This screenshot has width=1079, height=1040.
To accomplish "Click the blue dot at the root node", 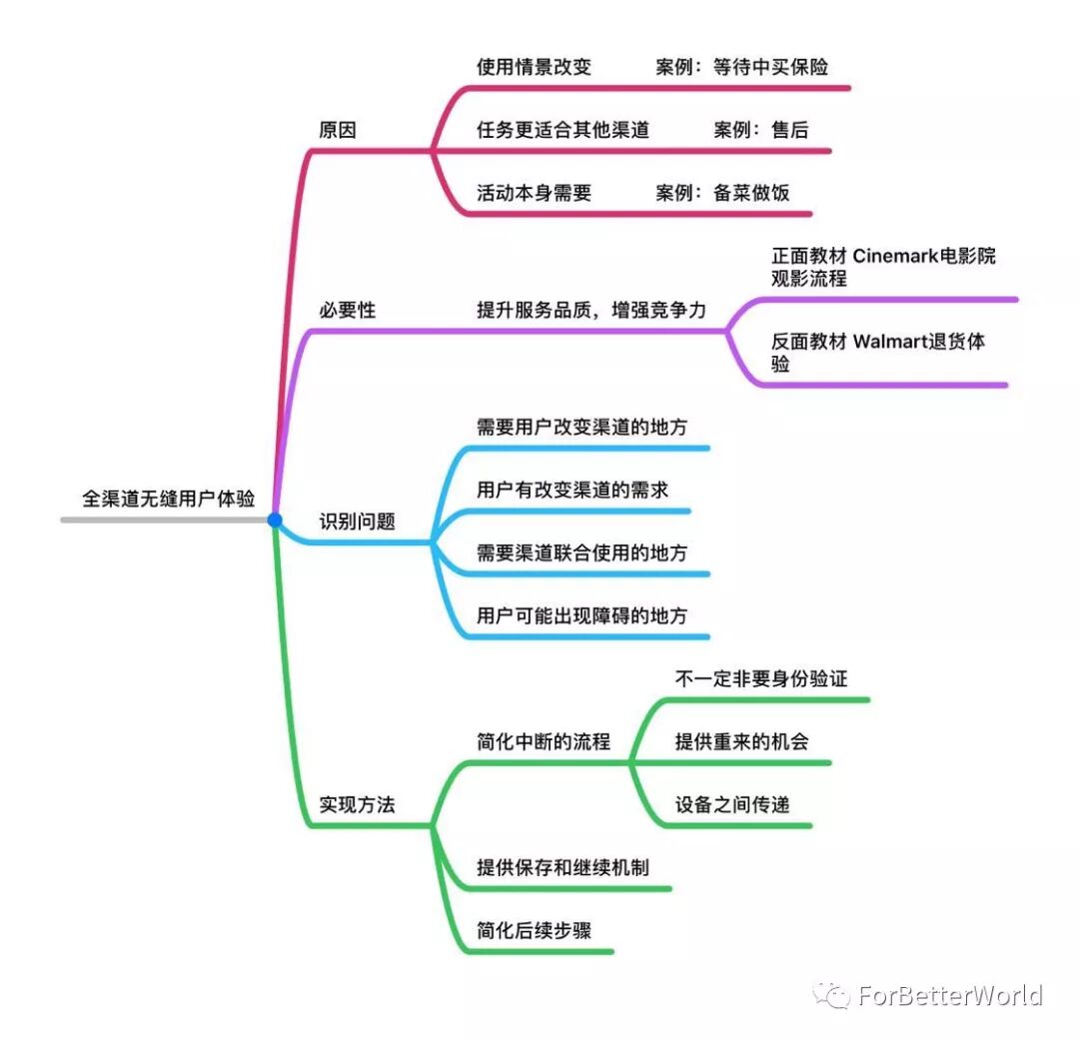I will [275, 520].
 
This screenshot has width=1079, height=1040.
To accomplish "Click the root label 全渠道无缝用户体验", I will [168, 499].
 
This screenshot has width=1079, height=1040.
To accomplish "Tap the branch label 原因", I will [337, 130].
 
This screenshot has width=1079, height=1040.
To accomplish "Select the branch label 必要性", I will [347, 310].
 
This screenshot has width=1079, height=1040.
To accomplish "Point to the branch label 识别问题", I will [357, 520].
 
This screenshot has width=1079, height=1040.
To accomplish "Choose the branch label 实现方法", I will [357, 804].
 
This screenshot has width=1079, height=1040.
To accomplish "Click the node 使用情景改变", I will [534, 67].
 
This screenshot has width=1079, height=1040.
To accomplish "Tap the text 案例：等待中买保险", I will [742, 67].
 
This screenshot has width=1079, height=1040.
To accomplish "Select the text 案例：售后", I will [761, 130].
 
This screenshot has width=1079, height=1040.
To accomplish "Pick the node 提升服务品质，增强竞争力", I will [591, 310].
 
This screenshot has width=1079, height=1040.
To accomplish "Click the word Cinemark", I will [896, 256].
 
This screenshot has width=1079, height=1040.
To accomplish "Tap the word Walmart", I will [889, 342].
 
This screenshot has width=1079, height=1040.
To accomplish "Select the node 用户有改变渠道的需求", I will [572, 490].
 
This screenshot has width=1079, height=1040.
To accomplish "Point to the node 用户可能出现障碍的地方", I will [582, 615].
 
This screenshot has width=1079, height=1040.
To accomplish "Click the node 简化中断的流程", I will [543, 741].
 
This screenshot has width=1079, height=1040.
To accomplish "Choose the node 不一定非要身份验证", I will [761, 678].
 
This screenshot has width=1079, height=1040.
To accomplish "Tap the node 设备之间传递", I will [732, 804].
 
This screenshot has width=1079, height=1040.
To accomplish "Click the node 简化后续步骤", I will [534, 929].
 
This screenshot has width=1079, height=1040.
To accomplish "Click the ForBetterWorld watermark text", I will [949, 996].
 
